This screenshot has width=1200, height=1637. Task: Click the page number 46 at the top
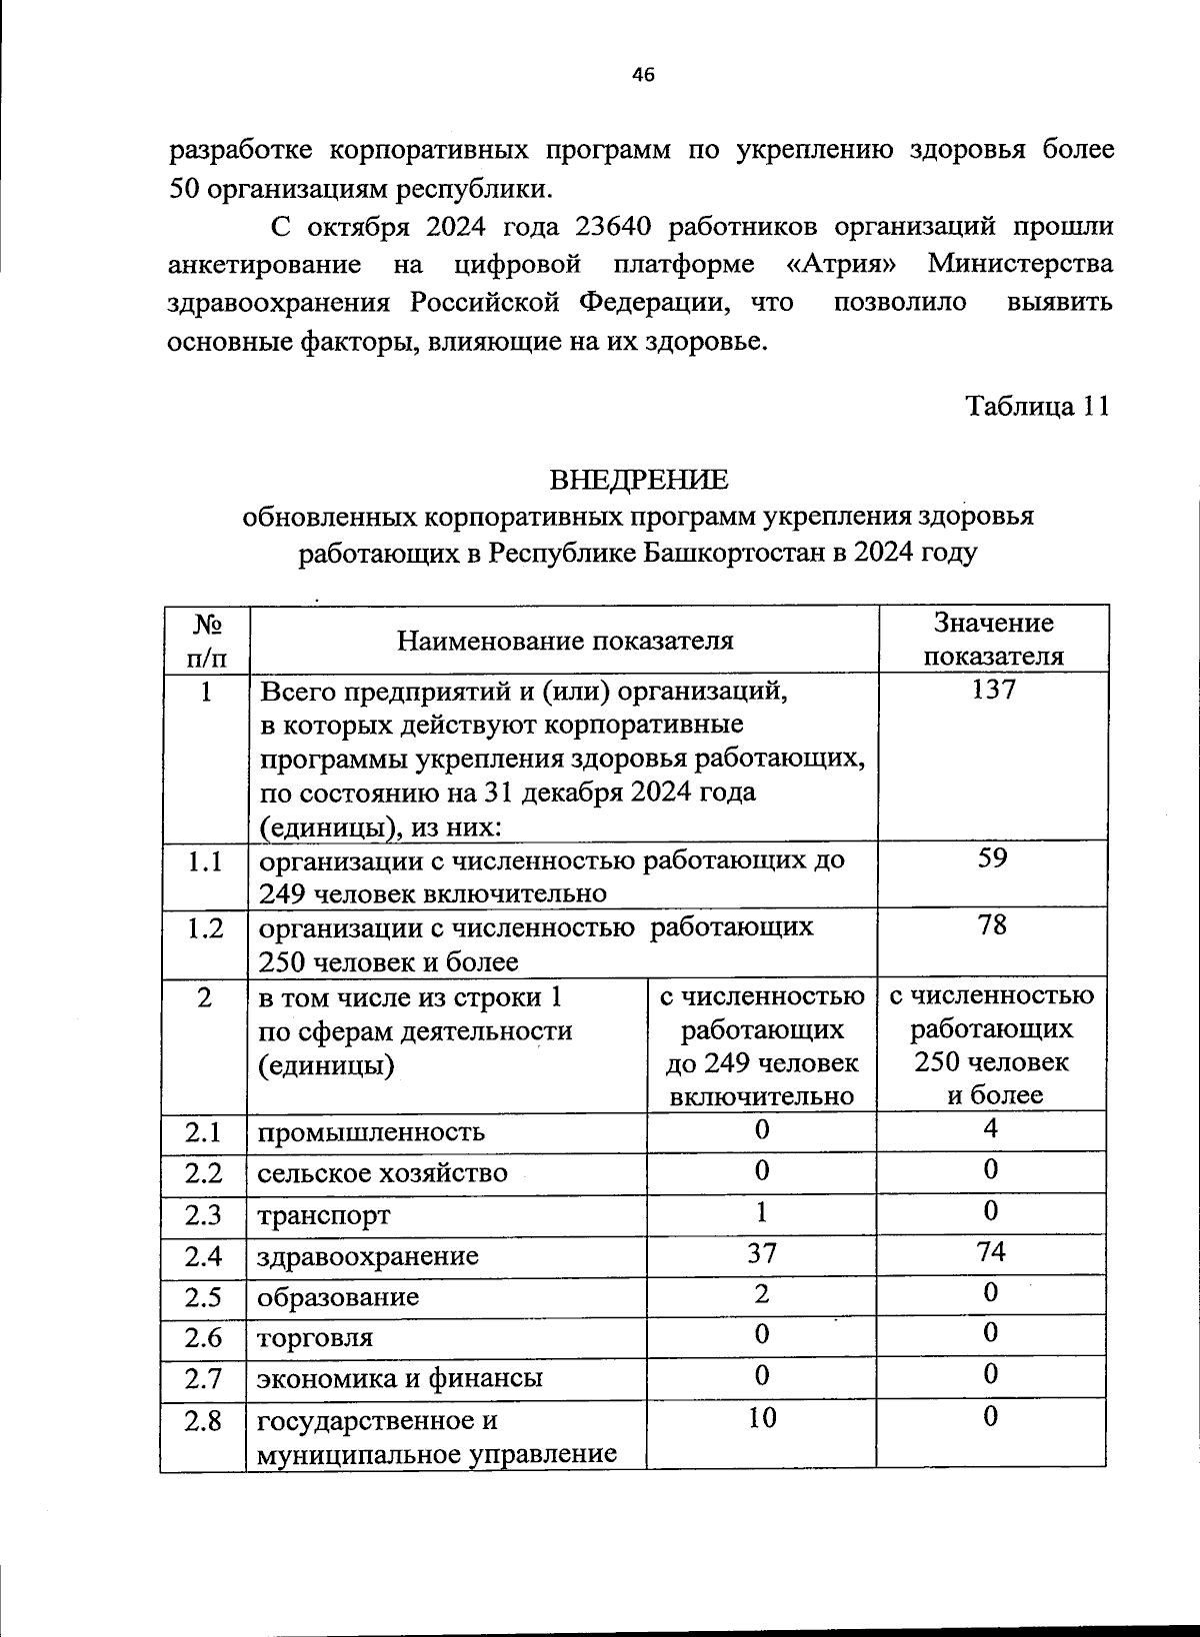pyautogui.click(x=643, y=73)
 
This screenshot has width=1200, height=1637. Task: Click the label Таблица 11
pyautogui.click(x=1037, y=406)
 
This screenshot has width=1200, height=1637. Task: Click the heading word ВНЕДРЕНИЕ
pyautogui.click(x=640, y=480)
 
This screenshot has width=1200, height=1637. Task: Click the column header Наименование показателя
pyautogui.click(x=564, y=640)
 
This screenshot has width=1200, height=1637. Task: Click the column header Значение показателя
pyautogui.click(x=993, y=640)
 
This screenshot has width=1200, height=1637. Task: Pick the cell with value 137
pyautogui.click(x=993, y=690)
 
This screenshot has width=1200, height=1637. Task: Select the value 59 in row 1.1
pyautogui.click(x=993, y=857)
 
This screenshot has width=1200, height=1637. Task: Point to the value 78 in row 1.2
pyautogui.click(x=993, y=925)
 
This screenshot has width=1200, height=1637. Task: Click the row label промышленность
pyautogui.click(x=371, y=1132)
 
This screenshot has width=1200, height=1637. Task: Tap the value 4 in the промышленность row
pyautogui.click(x=991, y=1129)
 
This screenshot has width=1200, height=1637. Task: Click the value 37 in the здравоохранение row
pyautogui.click(x=762, y=1253)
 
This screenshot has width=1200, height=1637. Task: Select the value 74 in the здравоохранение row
pyautogui.click(x=991, y=1252)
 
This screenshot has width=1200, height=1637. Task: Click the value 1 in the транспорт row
pyautogui.click(x=762, y=1212)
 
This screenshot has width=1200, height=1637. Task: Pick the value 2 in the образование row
pyautogui.click(x=762, y=1294)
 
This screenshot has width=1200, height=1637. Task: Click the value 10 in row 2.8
pyautogui.click(x=762, y=1417)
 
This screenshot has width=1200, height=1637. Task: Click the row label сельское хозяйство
pyautogui.click(x=382, y=1173)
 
